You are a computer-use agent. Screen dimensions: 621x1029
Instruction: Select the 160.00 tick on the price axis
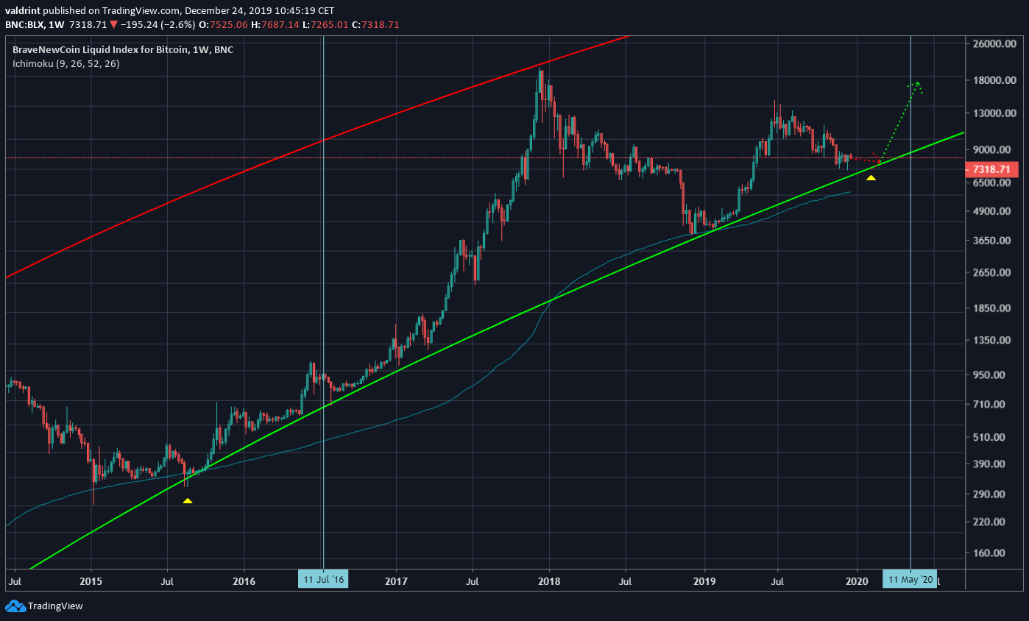991,553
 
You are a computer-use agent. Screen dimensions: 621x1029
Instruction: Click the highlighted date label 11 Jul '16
323,580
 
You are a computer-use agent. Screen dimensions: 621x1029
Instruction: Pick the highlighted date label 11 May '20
910,580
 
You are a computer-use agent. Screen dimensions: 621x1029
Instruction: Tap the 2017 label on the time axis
396,580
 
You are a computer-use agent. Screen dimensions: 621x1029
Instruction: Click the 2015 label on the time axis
91,580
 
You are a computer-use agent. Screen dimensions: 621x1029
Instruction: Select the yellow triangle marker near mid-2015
188,500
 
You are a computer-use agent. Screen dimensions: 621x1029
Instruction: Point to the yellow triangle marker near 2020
871,177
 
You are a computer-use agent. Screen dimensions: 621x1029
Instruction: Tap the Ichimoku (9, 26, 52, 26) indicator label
66,64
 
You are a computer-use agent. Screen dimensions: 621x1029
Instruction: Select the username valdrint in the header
26,11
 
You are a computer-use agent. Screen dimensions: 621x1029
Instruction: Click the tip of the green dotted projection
917,83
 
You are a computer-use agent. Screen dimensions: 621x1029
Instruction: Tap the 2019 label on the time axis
704,580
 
